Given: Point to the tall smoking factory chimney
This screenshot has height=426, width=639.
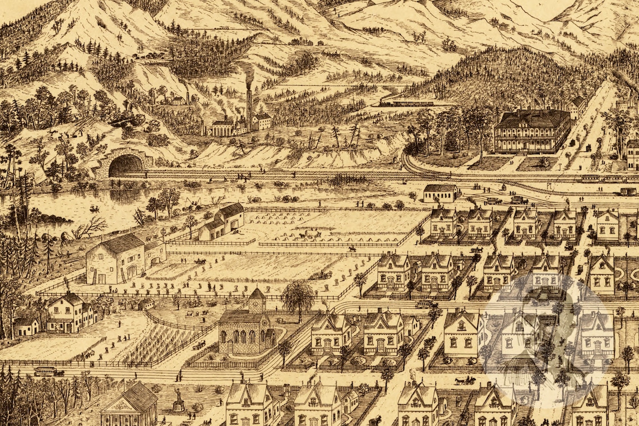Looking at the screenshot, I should tap(248, 104).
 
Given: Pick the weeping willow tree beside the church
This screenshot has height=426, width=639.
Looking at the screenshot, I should tap(298, 295).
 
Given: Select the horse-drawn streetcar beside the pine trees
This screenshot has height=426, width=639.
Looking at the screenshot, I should tap(49, 371).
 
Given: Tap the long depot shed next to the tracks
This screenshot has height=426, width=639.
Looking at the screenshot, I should tap(440, 193).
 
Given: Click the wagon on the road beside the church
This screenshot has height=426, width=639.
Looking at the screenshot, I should tap(199, 345).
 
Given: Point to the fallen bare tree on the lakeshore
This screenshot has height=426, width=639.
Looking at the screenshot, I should tap(90, 226).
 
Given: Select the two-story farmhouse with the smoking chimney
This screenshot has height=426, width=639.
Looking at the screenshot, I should tap(67, 312).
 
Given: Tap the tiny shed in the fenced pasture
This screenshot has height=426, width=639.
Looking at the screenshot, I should tap(146, 304).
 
